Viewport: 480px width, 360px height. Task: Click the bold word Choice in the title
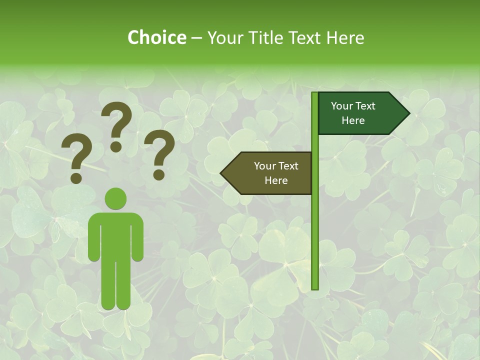tap(156, 37)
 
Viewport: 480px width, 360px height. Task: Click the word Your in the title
tap(225, 37)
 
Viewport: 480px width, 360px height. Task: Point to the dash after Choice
tap(196, 38)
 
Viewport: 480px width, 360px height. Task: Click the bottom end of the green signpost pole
tap(315, 287)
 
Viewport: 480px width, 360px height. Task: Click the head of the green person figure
tap(115, 198)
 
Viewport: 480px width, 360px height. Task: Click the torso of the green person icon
tap(115, 235)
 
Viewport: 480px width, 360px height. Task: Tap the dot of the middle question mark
tap(116, 146)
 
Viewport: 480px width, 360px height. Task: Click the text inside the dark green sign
tap(353, 113)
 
